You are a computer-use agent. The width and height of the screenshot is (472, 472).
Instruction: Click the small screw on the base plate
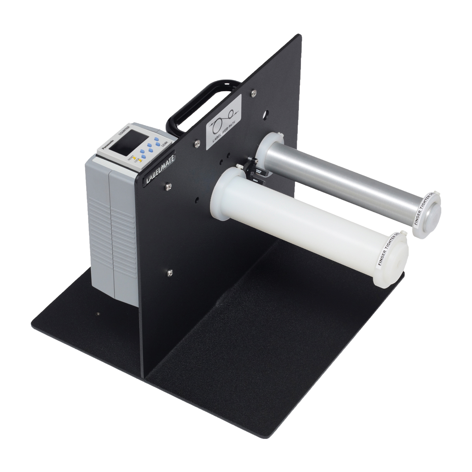(98, 314)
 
